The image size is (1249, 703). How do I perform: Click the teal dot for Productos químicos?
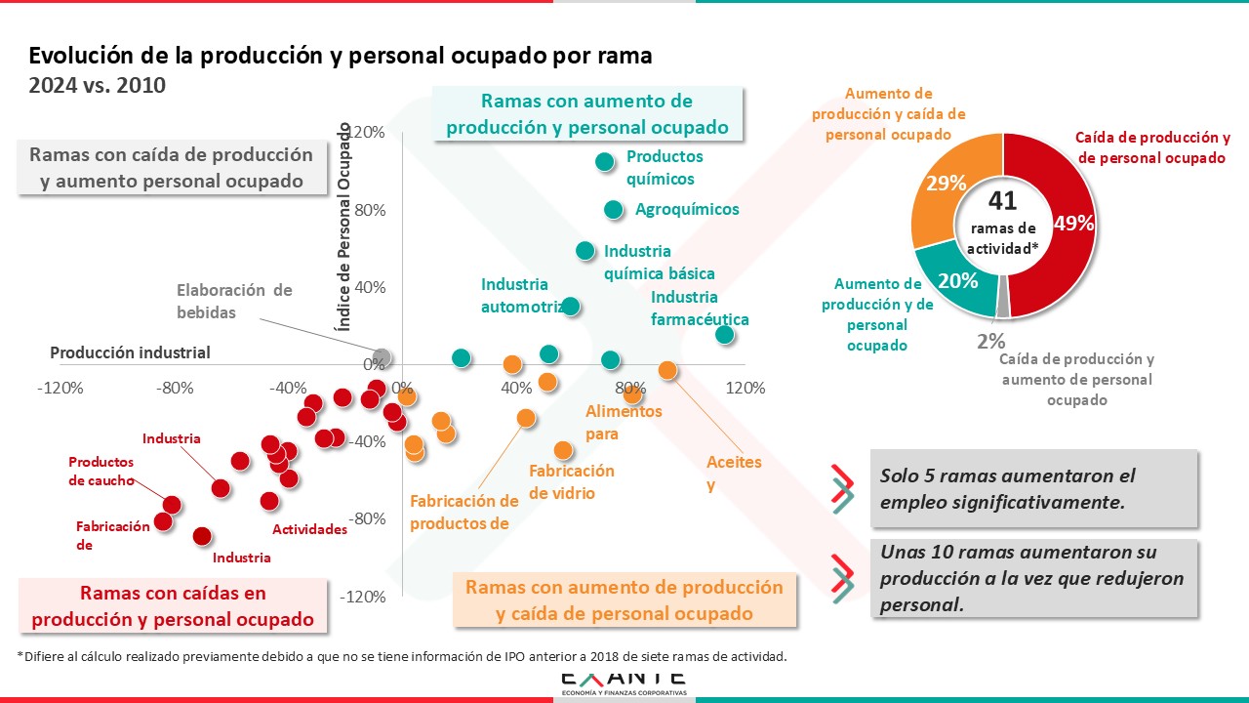point(605,162)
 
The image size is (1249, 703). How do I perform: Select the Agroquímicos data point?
point(614,210)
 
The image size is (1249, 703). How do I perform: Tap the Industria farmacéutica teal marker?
point(724,335)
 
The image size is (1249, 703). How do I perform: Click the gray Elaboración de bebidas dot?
point(383,357)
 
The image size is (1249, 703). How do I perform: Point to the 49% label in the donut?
point(1073,224)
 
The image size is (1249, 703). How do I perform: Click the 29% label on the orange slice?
point(947,184)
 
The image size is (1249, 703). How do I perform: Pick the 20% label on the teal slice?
point(958,281)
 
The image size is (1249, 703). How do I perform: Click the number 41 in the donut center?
point(1003,201)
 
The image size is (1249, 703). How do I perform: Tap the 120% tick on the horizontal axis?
point(745,388)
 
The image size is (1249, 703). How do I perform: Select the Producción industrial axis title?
point(130,352)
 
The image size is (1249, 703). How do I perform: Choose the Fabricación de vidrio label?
point(572,481)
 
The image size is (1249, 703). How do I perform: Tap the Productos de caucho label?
point(101,472)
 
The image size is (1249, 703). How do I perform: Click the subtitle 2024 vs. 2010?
point(98,86)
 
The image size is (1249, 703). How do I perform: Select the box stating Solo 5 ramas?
point(1032,488)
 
